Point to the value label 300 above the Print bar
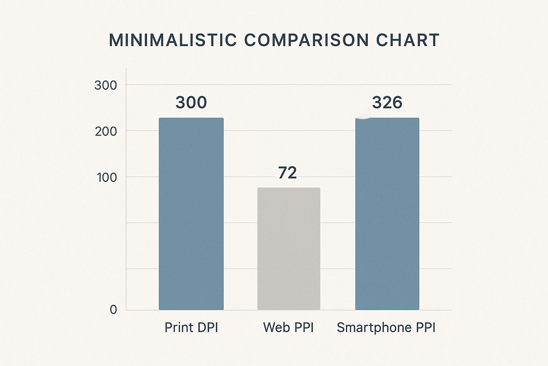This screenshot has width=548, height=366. pos(191,103)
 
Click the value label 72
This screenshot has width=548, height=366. pos(287,173)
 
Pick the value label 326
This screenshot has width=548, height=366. pos(387,103)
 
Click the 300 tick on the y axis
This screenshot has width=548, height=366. pos(106,85)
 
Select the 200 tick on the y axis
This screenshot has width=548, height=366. pos(106,132)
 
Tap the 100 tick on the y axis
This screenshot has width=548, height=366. pos(107,177)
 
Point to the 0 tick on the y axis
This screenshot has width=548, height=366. pos(113,310)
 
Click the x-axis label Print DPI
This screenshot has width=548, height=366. pos(191,327)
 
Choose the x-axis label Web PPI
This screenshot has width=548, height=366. pos(288,327)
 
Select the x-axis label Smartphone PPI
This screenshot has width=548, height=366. pos(386,327)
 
